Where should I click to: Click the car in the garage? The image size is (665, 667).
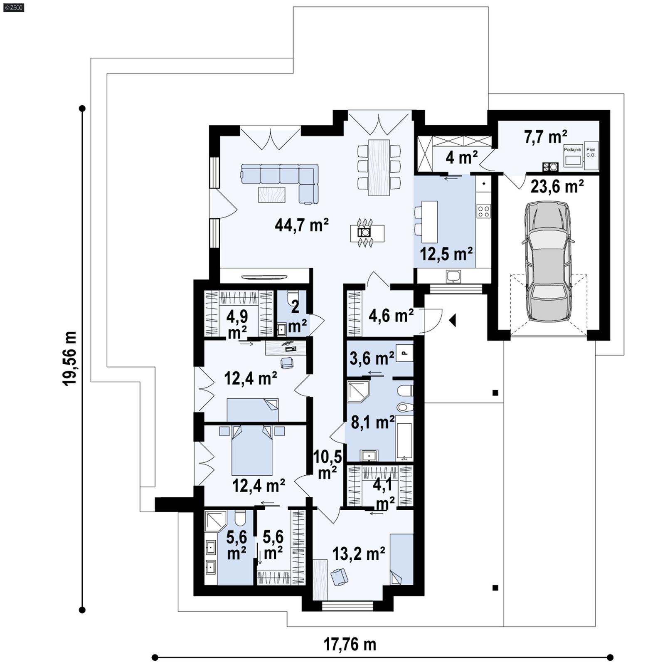pos(547,262)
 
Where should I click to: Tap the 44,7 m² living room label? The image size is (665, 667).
pos(302,225)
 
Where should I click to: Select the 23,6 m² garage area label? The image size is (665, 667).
pos(557,187)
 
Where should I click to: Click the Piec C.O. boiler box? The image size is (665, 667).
pos(591,156)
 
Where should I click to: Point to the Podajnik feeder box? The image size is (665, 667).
pos(573,156)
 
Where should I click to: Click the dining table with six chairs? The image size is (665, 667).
pos(379,167)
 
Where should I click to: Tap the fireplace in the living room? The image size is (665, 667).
pos(365,233)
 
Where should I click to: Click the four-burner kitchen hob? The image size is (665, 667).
pos(483,211)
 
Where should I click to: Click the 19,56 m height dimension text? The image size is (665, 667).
pos(70,359)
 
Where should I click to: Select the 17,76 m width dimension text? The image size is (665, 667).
pos(350,645)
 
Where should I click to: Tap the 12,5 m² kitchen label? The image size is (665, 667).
pos(446,254)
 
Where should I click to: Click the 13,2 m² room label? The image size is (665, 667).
pos(359,553)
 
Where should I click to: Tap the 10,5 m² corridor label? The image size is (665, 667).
pos(328,464)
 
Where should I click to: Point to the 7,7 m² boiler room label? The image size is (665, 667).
pos(545,137)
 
